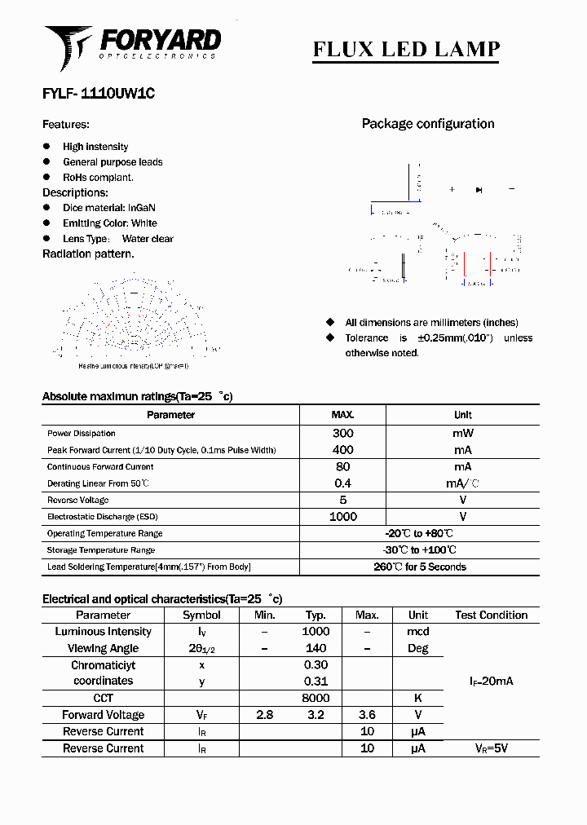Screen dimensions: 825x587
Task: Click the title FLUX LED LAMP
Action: (x=406, y=49)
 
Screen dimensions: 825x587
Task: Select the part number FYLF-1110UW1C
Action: (x=99, y=94)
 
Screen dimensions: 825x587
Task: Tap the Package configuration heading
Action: (x=428, y=124)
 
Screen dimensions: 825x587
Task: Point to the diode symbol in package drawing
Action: (x=479, y=189)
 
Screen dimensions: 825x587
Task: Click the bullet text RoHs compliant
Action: (x=98, y=177)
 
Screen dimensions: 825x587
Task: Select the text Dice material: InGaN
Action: (x=108, y=208)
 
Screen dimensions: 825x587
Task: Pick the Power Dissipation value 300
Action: (x=342, y=434)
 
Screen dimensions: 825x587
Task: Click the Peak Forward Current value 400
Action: (x=342, y=450)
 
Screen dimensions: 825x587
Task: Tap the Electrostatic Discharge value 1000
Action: (x=342, y=517)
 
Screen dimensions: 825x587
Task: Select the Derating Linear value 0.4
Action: (x=342, y=483)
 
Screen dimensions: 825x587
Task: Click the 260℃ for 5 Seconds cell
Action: (x=420, y=567)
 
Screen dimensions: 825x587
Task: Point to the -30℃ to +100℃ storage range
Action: (x=420, y=550)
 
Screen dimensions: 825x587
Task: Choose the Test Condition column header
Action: (x=491, y=615)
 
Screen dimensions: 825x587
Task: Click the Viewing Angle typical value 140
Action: (x=316, y=648)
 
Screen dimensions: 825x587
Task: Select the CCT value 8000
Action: (x=316, y=698)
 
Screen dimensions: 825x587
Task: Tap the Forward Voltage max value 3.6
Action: (x=367, y=715)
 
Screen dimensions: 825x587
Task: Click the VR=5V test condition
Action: (x=492, y=748)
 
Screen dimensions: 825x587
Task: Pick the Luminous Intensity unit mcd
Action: (x=417, y=632)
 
